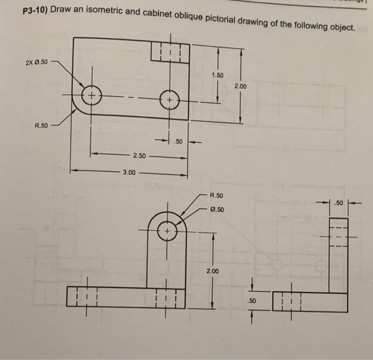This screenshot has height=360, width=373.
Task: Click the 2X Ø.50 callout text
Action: pos(36,62)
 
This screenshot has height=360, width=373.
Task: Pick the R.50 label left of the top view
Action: pos(41,126)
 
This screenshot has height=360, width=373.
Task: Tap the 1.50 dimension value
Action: pos(217,75)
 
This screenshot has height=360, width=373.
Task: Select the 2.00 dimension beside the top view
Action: pos(241,86)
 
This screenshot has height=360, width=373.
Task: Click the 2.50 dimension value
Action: pos(139,156)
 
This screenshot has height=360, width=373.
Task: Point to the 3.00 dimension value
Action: pos(129,172)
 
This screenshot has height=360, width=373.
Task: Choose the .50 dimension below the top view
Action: pos(179,142)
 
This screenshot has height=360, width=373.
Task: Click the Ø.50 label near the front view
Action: pos(217,209)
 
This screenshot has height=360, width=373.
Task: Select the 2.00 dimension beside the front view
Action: pos(212,271)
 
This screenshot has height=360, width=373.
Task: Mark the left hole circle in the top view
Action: pos(92,97)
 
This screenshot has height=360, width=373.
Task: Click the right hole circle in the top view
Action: pos(169,100)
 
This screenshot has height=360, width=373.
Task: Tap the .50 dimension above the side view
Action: pos(337,203)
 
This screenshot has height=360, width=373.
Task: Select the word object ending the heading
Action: pos(340,26)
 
